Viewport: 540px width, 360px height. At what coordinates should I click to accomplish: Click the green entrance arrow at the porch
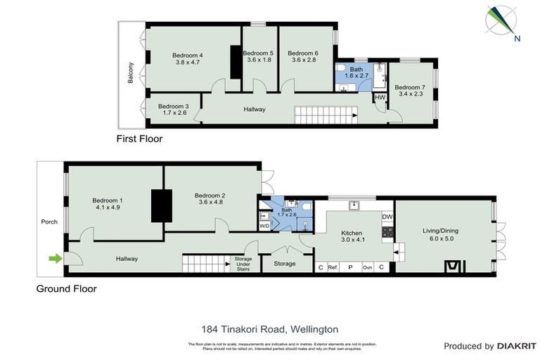pyautogui.click(x=53, y=259)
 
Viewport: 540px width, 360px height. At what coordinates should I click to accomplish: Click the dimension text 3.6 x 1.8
pyautogui.click(x=259, y=60)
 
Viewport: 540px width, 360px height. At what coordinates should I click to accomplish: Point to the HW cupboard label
pyautogui.click(x=380, y=98)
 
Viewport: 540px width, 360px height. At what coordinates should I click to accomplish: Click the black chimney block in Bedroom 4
pyautogui.click(x=236, y=62)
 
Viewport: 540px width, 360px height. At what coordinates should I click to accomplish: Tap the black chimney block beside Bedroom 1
pyautogui.click(x=162, y=206)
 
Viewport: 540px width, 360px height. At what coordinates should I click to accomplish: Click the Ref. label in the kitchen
pyautogui.click(x=333, y=267)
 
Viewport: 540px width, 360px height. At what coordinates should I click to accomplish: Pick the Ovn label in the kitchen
pyautogui.click(x=367, y=267)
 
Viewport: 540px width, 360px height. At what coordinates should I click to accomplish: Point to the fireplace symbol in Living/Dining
pyautogui.click(x=455, y=266)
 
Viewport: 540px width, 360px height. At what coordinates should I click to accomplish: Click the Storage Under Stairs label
pyautogui.click(x=243, y=264)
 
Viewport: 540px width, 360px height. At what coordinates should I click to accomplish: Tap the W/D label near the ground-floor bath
pyautogui.click(x=264, y=226)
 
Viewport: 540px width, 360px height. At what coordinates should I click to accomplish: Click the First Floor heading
pyautogui.click(x=139, y=139)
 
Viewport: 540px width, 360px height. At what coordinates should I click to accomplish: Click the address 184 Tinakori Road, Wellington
pyautogui.click(x=270, y=328)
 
